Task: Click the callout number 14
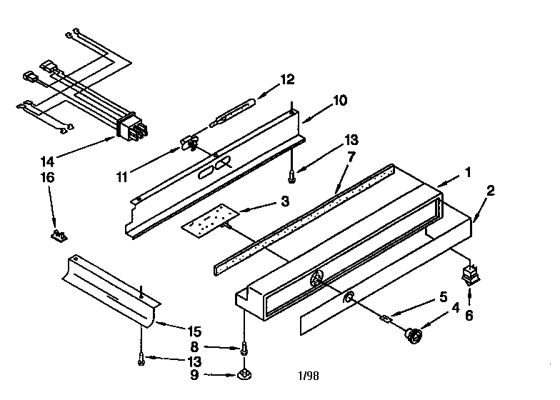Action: coord(47,161)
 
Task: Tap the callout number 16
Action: coord(47,177)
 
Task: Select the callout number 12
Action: coord(287,79)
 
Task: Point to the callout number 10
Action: coord(340,101)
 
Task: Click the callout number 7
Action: coord(351,156)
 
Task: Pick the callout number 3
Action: coord(284,201)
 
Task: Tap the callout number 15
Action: coord(194,331)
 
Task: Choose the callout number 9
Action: coord(194,376)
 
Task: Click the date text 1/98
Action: coord(309,376)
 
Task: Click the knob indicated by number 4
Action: coord(414,336)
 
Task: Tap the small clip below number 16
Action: coord(59,236)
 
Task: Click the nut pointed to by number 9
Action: coord(244,375)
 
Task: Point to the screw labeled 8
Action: coord(244,347)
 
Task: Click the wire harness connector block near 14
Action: coord(131,129)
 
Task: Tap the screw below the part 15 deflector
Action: coord(141,359)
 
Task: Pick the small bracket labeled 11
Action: coord(189,144)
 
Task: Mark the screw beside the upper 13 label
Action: coord(291,176)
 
